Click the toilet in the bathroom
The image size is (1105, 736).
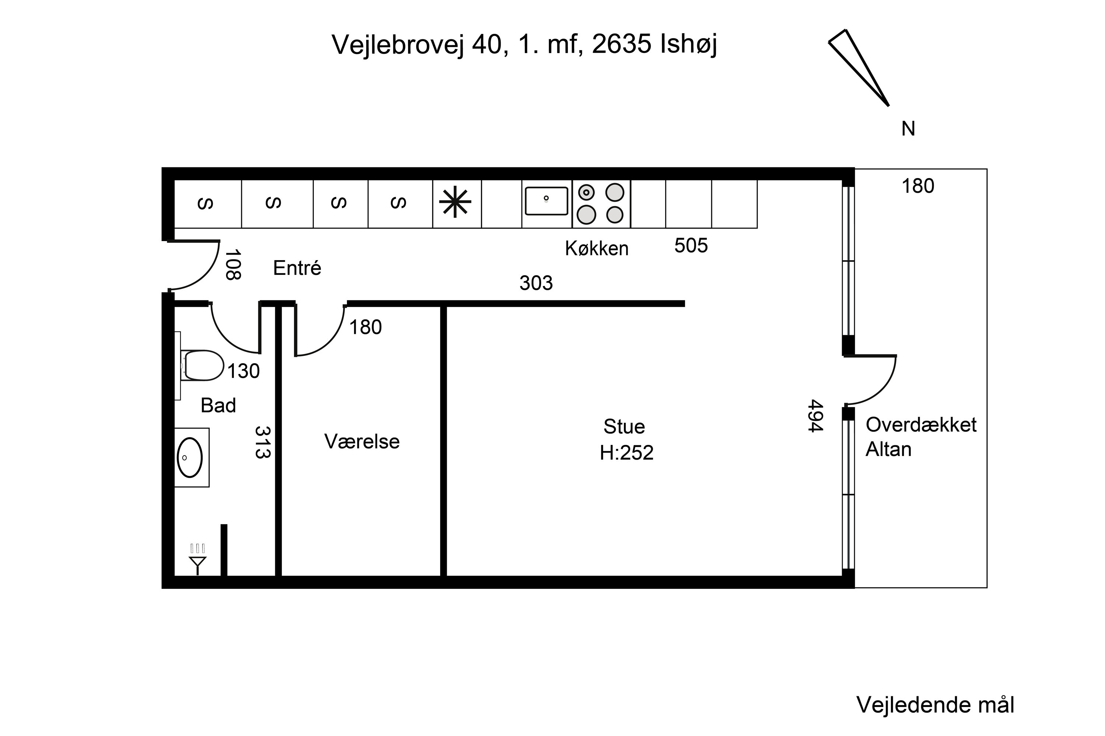click(x=203, y=365)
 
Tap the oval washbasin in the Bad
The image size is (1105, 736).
click(x=189, y=458)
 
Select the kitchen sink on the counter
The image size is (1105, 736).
click(x=546, y=201)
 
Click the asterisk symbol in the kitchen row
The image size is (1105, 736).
click(x=455, y=202)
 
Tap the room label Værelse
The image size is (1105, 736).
click(x=362, y=442)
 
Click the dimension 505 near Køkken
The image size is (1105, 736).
click(x=691, y=245)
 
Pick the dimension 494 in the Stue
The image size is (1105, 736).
click(x=815, y=416)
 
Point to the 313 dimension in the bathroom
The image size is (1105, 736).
click(x=263, y=442)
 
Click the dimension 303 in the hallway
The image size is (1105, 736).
click(x=536, y=283)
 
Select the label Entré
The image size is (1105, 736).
click(x=297, y=268)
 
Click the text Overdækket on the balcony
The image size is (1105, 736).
click(x=921, y=425)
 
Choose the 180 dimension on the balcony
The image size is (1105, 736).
click(x=918, y=186)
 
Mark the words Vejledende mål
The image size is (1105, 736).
click(x=935, y=705)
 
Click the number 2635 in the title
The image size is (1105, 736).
click(x=621, y=44)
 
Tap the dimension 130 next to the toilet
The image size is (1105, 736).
click(x=243, y=371)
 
